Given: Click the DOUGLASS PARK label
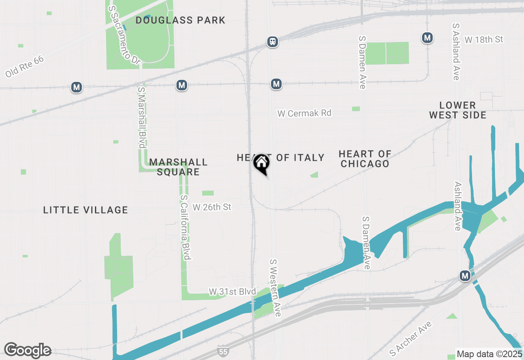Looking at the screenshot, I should (x=181, y=20).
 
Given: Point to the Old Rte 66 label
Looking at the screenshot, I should (x=25, y=67).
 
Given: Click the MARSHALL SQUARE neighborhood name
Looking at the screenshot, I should (x=178, y=167).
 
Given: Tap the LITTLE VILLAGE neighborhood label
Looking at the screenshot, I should (x=86, y=210).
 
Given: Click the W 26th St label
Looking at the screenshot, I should (x=212, y=207).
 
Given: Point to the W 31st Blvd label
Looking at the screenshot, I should (x=232, y=292).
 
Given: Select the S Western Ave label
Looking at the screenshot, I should (x=275, y=287).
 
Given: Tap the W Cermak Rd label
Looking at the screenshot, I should (x=304, y=113).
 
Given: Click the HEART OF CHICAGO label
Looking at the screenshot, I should (x=365, y=159).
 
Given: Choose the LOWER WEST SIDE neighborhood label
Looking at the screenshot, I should (x=458, y=110).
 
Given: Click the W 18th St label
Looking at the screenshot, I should (x=483, y=40).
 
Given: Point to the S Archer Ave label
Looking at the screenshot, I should (x=410, y=338).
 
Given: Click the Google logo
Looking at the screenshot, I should (x=27, y=350).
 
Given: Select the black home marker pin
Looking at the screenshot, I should (x=261, y=164).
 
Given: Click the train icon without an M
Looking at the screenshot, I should (x=273, y=41).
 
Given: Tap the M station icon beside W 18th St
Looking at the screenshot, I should (x=427, y=38).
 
